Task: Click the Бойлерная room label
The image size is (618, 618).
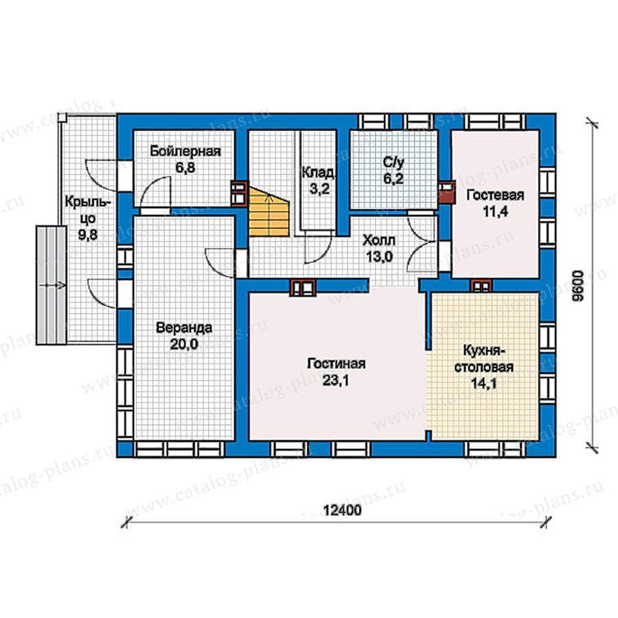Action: (185, 152)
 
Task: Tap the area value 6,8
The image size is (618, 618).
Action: (185, 169)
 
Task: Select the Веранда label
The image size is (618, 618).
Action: (184, 328)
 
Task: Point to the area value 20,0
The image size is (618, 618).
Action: (184, 345)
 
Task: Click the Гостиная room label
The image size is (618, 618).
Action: (336, 363)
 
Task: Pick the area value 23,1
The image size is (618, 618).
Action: (336, 380)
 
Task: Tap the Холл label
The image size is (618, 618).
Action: (379, 240)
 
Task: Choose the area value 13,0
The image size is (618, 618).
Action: (379, 257)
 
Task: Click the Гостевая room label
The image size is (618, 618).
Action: (495, 195)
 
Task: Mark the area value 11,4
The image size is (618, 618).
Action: (495, 212)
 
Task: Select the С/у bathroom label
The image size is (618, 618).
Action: (394, 162)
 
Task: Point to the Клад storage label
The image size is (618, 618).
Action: (319, 172)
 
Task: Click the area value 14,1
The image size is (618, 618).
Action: (484, 383)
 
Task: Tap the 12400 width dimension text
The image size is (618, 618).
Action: (342, 510)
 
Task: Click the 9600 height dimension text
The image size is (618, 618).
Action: (577, 286)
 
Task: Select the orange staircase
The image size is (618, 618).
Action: (268, 211)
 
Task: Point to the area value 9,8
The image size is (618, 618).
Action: (87, 236)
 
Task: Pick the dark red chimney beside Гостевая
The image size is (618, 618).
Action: (447, 192)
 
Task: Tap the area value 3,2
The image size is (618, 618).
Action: (319, 190)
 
